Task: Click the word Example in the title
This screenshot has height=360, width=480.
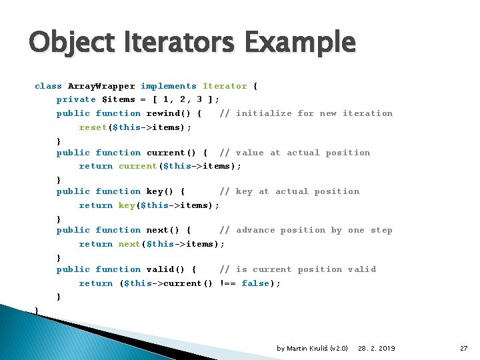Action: (300, 43)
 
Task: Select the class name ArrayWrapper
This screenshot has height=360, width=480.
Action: (101, 86)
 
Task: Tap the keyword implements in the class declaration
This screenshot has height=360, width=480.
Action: (169, 86)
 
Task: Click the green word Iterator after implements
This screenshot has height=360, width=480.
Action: (225, 86)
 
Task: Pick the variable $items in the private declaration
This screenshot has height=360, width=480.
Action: (118, 99)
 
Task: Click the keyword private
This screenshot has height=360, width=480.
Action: (76, 99)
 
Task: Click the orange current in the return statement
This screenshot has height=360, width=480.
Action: (138, 166)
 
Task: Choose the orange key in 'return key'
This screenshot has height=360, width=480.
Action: (127, 205)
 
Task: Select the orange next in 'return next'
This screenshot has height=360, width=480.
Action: (129, 244)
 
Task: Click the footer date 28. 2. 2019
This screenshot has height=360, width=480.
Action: (376, 349)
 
